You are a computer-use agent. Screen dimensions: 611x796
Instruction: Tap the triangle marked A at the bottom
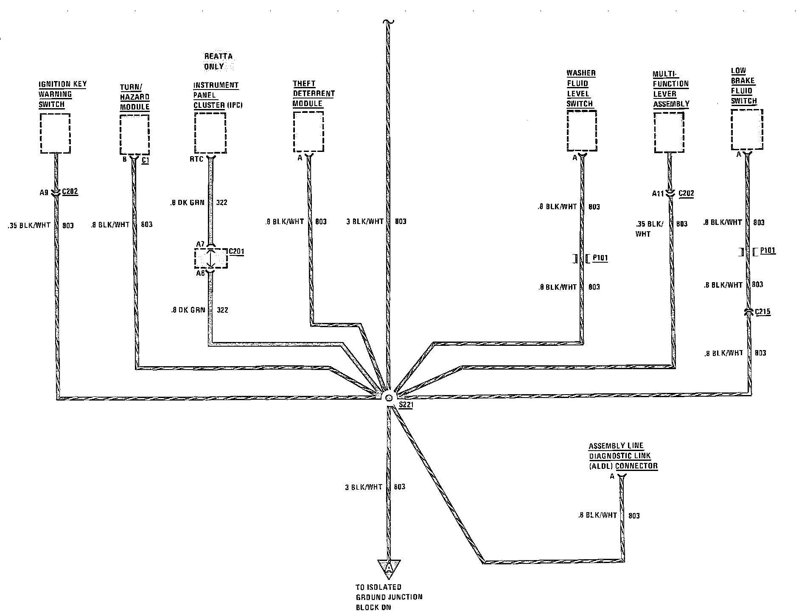pos(389,568)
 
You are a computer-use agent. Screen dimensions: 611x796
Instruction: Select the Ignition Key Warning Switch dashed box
pos(55,133)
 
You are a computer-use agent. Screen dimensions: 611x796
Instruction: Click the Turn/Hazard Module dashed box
pos(135,134)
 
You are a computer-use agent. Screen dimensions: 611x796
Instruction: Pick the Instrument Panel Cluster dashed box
pos(210,132)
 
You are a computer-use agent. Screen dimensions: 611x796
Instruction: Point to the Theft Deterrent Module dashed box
pos(308,132)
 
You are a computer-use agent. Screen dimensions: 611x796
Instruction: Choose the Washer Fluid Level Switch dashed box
pos(581,131)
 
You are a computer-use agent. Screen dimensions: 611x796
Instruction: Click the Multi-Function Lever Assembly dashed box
pos(669,132)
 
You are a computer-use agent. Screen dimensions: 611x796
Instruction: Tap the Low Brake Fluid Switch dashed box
pos(747,130)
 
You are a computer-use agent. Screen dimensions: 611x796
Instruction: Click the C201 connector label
pos(237,252)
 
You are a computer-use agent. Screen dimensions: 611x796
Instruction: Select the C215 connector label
pos(762,312)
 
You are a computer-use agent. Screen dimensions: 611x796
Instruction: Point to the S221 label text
pos(406,405)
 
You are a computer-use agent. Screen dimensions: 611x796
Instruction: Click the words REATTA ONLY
pos(218,62)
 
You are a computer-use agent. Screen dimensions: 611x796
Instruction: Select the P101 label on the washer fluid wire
pos(600,258)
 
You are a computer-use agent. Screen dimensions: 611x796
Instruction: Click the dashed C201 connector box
pos(211,259)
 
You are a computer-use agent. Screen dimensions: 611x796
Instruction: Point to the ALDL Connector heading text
pos(622,456)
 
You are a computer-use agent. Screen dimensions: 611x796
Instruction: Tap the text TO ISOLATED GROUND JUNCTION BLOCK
pos(389,597)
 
